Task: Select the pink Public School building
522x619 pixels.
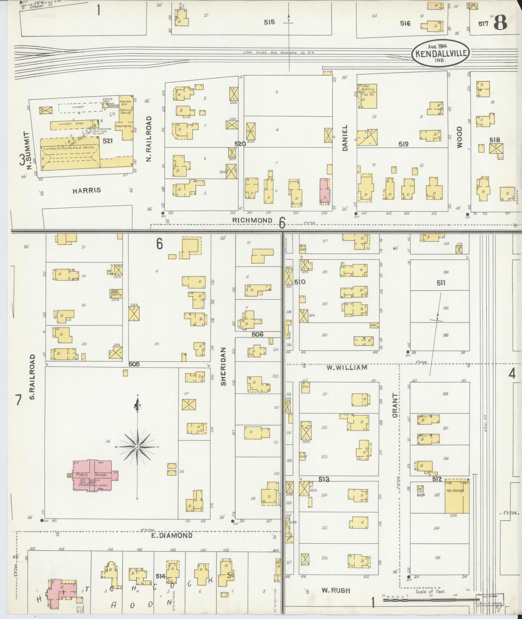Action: [93, 475]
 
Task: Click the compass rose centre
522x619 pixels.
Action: [137, 447]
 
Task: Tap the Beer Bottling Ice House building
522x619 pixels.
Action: [368, 96]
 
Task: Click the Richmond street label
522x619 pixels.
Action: [252, 220]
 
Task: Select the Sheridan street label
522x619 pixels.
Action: [224, 366]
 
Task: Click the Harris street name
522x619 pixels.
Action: [86, 190]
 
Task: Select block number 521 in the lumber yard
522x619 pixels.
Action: [107, 141]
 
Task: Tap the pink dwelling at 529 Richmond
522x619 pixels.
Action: [325, 190]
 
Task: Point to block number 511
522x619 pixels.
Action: [441, 283]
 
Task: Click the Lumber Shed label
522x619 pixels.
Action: [71, 124]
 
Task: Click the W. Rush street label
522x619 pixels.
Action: [336, 591]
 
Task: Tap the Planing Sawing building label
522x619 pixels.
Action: [126, 111]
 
